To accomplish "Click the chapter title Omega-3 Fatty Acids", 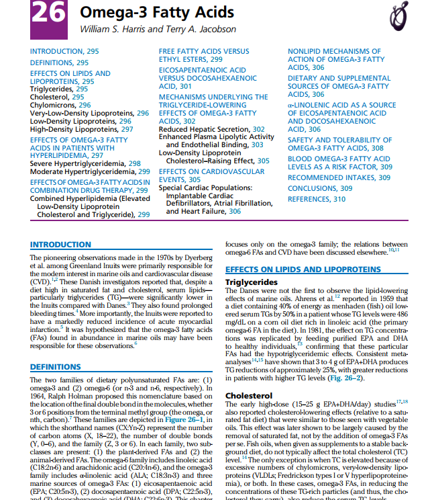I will pyautogui.click(x=157, y=12).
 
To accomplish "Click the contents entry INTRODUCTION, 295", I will pyautogui.click(x=64, y=51).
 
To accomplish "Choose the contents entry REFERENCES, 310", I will pyautogui.click(x=317, y=200).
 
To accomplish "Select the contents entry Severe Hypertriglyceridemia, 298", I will pyautogui.click(x=85, y=163).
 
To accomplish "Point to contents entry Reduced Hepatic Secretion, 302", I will pyautogui.click(x=211, y=128).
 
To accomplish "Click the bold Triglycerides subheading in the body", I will pyautogui.click(x=252, y=281).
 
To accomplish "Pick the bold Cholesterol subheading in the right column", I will pyautogui.click(x=248, y=396).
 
